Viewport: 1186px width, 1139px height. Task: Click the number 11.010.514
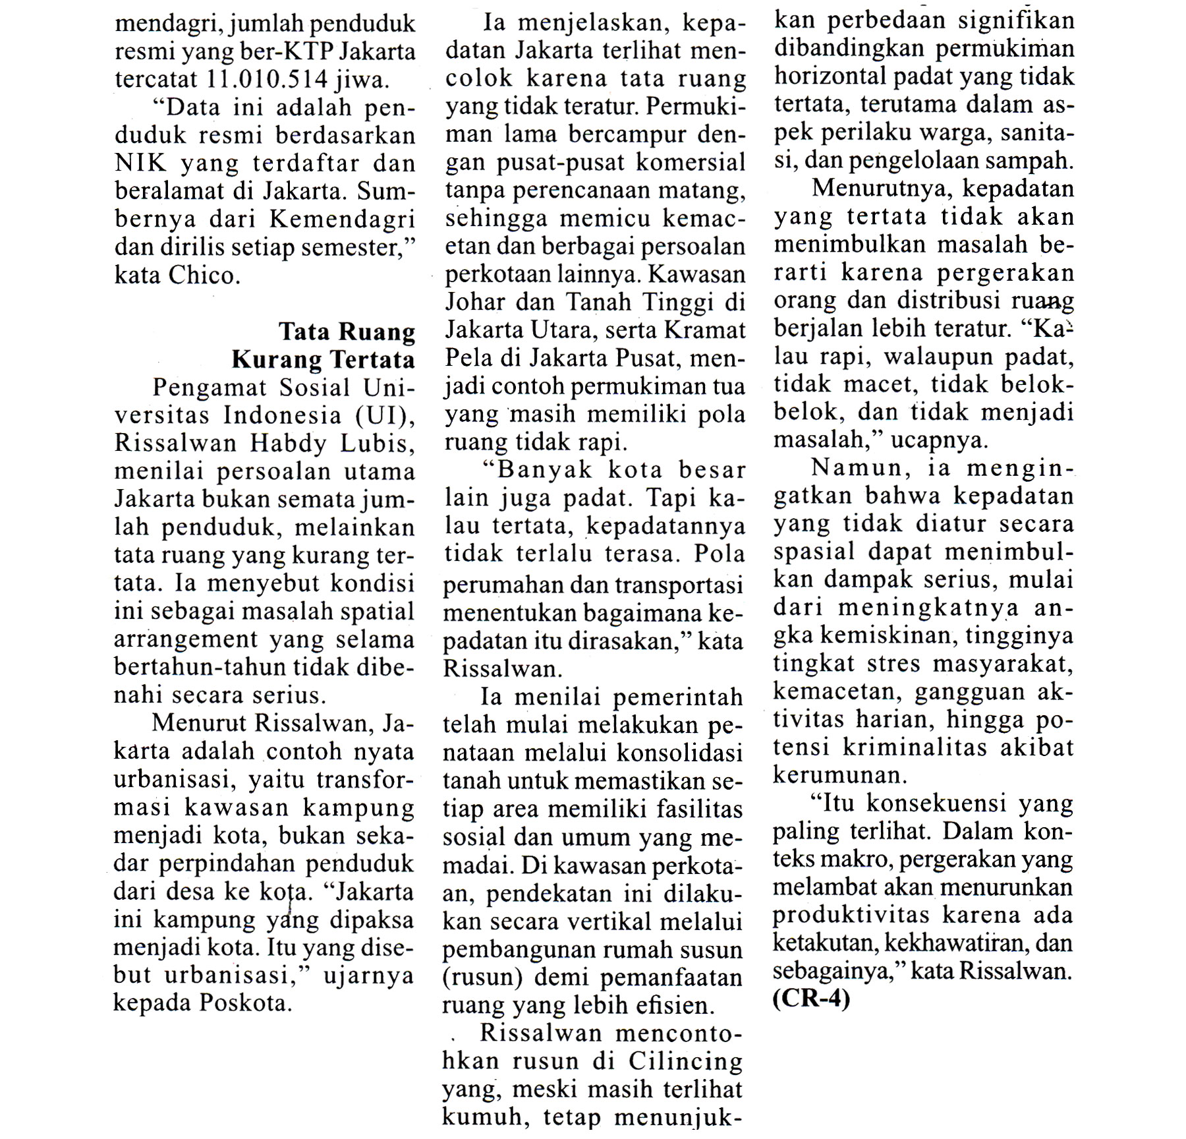pos(267,80)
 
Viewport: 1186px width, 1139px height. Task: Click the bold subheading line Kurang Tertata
pos(323,360)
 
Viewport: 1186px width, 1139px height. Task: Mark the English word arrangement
pos(186,640)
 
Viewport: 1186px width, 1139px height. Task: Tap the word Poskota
pos(244,1003)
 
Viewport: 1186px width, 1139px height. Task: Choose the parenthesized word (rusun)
pos(482,977)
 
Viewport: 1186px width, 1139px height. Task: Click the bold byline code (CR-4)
pos(811,999)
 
